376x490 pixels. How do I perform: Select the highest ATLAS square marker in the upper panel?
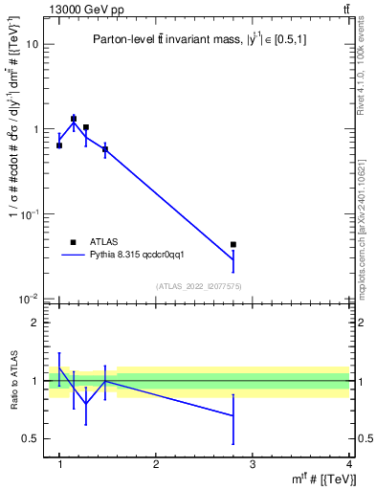[x=74, y=120]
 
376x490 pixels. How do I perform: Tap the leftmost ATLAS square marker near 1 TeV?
[x=59, y=145]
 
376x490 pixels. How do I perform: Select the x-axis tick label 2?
[x=156, y=464]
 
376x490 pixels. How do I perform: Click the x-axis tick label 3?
[x=252, y=464]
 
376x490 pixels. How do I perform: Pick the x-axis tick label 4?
[x=348, y=464]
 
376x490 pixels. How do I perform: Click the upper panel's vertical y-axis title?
[x=13, y=158]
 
